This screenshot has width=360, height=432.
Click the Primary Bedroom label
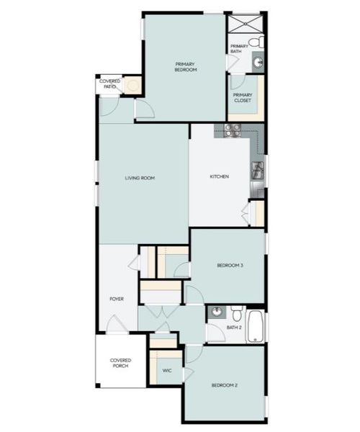coord(185,67)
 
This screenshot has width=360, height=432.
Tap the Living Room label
coord(140,178)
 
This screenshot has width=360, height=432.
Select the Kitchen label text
coord(219,177)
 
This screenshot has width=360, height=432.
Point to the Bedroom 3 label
coord(230,266)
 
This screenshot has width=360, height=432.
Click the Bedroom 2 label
coord(224,385)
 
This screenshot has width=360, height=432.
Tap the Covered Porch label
coord(120,363)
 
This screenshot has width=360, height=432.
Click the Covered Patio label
coord(109,84)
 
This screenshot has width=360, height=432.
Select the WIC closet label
coord(167,372)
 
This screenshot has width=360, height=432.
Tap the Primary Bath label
coord(239,49)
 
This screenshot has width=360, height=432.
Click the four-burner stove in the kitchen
coord(232,130)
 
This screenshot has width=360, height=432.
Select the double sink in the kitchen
coord(257,171)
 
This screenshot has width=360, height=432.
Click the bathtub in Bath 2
coord(256,326)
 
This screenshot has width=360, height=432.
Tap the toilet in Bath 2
coord(235,313)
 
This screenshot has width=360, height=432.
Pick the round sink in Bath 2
coord(217,312)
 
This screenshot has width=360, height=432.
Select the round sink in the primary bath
coord(258,63)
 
